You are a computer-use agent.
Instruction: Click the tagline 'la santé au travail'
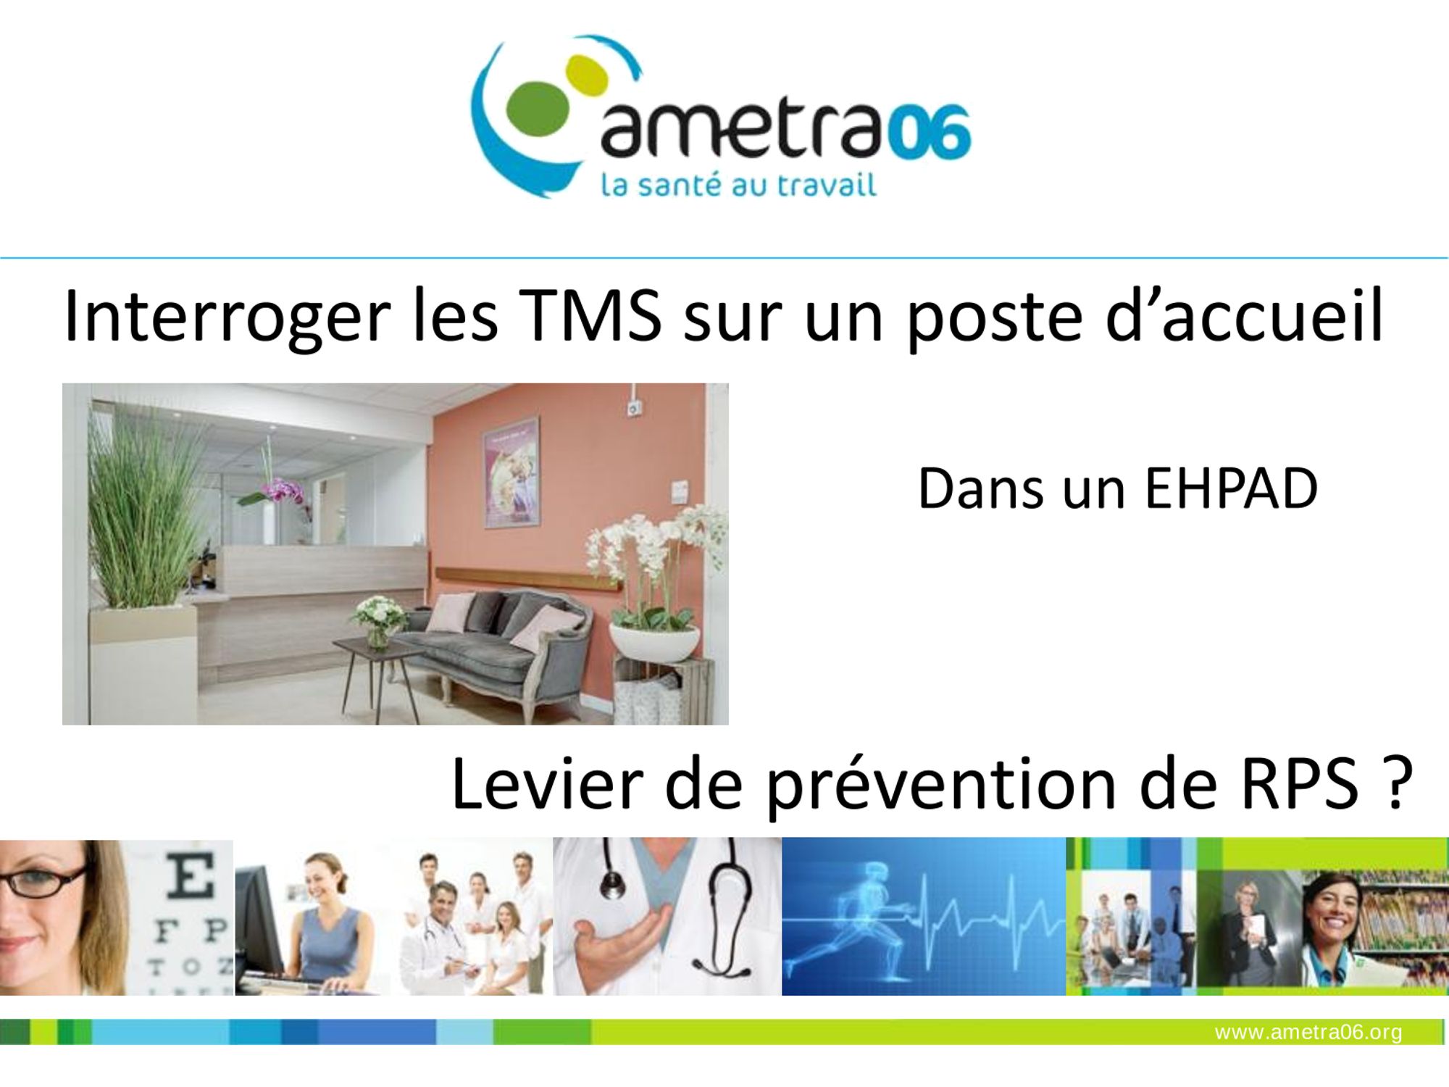tap(739, 184)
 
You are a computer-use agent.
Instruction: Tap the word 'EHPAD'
tap(1230, 488)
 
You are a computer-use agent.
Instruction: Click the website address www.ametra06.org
tap(1308, 1032)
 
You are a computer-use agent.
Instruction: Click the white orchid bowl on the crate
tap(653, 642)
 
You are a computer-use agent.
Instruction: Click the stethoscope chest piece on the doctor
tap(613, 883)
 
